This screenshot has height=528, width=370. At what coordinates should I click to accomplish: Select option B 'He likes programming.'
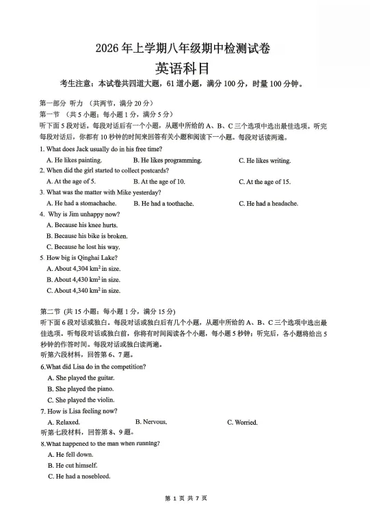pos(168,161)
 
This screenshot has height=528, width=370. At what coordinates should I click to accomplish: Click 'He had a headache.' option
pos(268,203)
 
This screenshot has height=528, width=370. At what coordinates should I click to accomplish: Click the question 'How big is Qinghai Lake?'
pos(79,257)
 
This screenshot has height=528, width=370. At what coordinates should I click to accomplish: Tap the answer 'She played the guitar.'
pos(81,378)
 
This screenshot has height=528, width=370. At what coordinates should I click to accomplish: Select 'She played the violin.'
pos(81,400)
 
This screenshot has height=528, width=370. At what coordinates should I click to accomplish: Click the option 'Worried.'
pos(242,422)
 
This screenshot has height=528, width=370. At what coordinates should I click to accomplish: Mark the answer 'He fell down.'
pos(70,454)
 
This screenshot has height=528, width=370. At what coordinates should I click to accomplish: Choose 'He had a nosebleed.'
pos(79,476)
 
